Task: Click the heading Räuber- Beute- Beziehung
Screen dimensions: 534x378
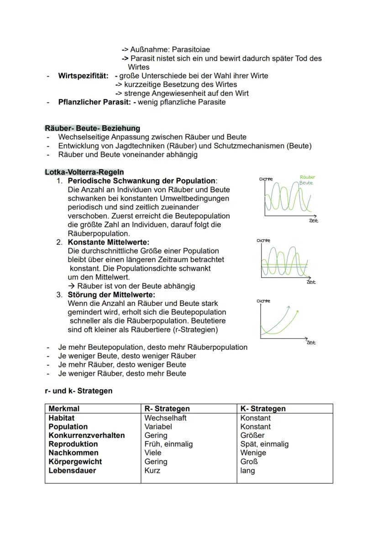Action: click(92, 128)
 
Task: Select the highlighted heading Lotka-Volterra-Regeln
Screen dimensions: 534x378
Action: click(84, 172)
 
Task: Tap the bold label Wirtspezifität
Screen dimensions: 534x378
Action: click(83, 76)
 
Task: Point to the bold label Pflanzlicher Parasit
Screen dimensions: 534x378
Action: click(95, 102)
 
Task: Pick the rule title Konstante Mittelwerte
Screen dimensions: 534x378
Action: click(109, 242)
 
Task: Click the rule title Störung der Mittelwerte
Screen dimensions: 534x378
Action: click(111, 295)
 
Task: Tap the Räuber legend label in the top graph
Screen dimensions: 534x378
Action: click(307, 177)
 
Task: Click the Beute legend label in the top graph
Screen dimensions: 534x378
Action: click(306, 182)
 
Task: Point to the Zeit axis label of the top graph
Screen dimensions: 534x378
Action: click(313, 221)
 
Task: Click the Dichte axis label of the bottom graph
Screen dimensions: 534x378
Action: click(263, 301)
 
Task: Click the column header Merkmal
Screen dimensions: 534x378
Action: click(64, 409)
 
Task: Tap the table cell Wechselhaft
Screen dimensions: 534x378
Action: click(165, 418)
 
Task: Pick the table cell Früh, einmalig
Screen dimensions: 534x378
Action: click(168, 444)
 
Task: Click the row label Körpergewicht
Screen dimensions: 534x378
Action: click(75, 461)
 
